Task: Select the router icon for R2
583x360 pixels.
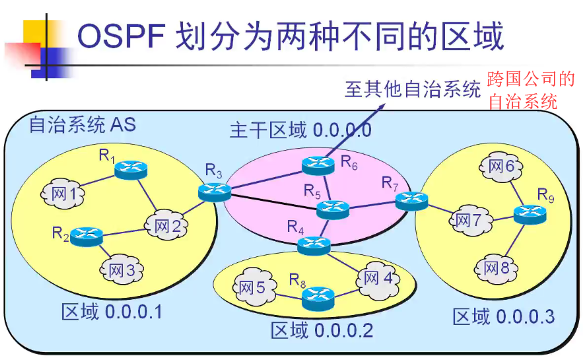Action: click(85, 236)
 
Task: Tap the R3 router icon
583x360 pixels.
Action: click(215, 191)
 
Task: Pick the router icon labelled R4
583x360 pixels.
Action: click(312, 246)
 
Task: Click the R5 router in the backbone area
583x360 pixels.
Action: click(331, 210)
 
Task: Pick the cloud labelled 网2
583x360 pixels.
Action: click(167, 226)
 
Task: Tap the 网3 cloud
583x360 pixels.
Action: click(122, 270)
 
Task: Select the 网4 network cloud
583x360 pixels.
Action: click(379, 277)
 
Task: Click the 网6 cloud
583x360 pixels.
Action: click(501, 167)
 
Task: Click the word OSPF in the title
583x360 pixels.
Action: click(121, 37)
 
